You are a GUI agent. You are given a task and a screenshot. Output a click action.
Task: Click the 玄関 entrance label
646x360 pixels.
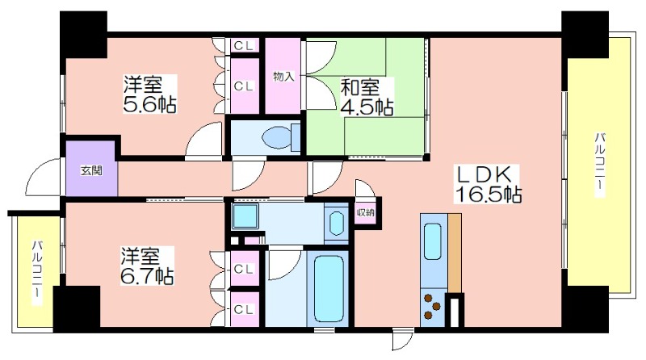click(x=91, y=170)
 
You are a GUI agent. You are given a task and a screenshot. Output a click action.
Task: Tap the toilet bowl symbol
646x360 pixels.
click(x=282, y=136)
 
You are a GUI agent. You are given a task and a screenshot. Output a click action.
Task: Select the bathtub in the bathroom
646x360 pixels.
click(x=329, y=288)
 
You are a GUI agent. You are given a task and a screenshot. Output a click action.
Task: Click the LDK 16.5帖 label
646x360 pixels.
click(x=488, y=184)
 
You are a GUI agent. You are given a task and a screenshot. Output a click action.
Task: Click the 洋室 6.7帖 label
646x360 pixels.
click(x=147, y=266)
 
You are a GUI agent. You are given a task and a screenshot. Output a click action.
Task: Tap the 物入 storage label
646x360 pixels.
click(x=283, y=76)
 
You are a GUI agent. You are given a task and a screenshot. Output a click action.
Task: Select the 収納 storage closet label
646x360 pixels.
click(x=366, y=212)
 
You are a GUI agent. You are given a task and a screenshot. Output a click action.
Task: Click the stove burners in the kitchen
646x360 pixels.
click(x=432, y=306)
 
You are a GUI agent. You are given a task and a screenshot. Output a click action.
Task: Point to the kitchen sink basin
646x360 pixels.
click(x=433, y=241)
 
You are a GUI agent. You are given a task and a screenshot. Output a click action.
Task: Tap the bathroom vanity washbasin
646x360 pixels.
click(x=337, y=224)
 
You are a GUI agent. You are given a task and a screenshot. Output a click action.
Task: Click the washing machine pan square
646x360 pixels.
click(x=245, y=216)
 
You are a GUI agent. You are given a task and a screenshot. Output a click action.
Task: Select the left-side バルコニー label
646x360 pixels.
click(x=37, y=273)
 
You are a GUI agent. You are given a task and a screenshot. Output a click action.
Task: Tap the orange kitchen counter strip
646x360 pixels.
click(x=455, y=253)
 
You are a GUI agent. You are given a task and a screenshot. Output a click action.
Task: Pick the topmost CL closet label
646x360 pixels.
click(x=244, y=46)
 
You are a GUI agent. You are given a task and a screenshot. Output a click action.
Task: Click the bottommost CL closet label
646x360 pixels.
click(x=244, y=309)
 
